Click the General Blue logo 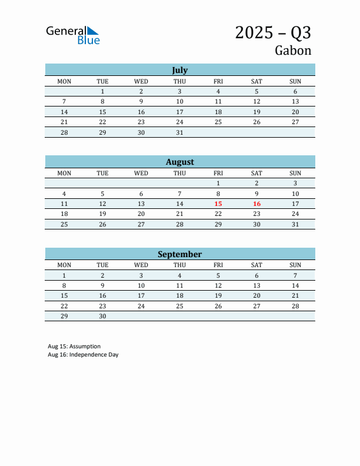click(x=73, y=35)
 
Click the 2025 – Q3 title click(x=273, y=32)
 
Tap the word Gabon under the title click(x=293, y=51)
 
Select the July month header click(x=179, y=70)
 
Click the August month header click(x=179, y=162)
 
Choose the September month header click(x=179, y=254)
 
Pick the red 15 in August click(x=218, y=204)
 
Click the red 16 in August click(x=256, y=204)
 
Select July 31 click(x=179, y=132)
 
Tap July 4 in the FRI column click(x=218, y=91)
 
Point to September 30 click(x=102, y=316)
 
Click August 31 click(x=295, y=224)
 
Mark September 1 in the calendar click(x=64, y=275)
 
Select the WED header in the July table click(x=141, y=81)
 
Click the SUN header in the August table click(x=295, y=173)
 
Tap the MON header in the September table click(x=64, y=265)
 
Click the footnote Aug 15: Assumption click(x=74, y=347)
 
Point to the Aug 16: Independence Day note click(x=83, y=355)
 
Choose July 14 click(x=64, y=112)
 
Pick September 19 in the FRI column click(x=218, y=295)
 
